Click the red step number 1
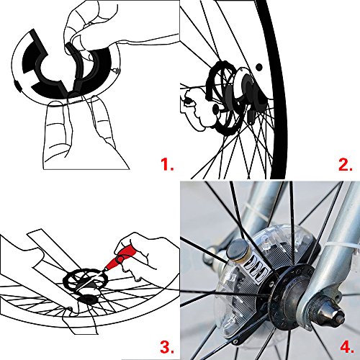(x=166, y=164)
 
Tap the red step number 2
(x=345, y=164)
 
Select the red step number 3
(x=167, y=347)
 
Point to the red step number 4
(x=346, y=347)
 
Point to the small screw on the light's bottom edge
(x=236, y=341)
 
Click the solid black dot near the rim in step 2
(x=258, y=67)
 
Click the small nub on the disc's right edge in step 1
(x=117, y=71)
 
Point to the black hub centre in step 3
(x=89, y=300)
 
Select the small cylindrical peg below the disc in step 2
(x=250, y=116)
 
